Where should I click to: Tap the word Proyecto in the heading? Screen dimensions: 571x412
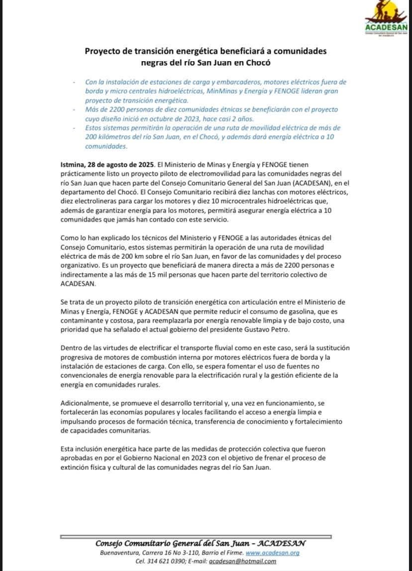(102, 51)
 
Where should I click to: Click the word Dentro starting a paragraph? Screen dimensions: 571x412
(72, 348)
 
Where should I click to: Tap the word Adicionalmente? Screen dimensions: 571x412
(85, 403)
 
